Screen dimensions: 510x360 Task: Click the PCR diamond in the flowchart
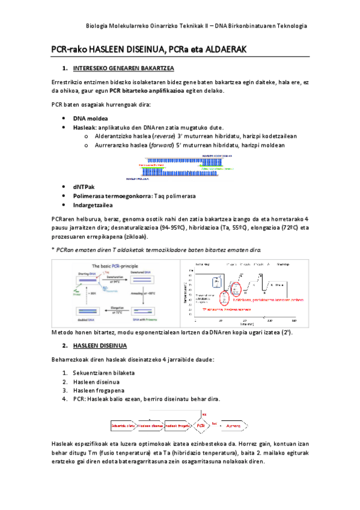point(201,426)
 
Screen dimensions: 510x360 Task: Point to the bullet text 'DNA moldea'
point(91,118)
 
